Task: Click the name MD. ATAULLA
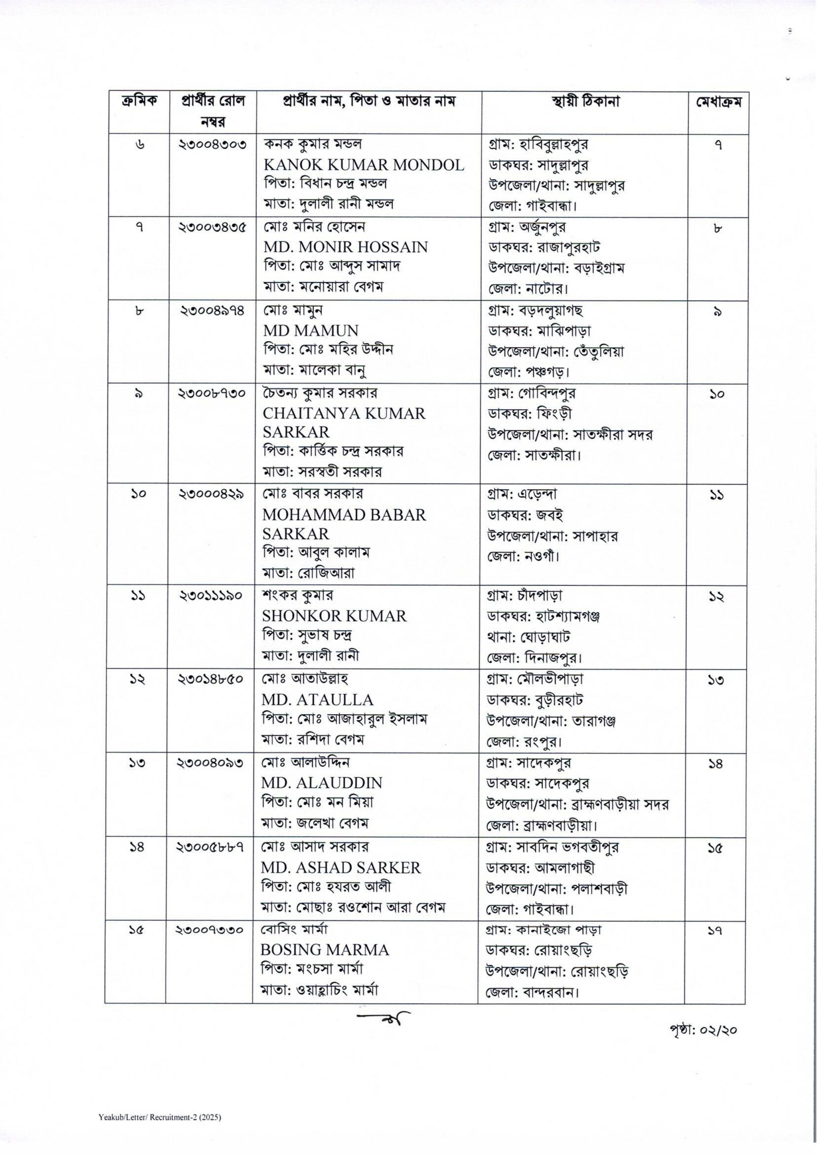[x=317, y=700]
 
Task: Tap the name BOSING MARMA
[x=325, y=950]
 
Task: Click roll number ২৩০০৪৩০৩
[x=213, y=145]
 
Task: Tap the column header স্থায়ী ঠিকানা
[x=585, y=102]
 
